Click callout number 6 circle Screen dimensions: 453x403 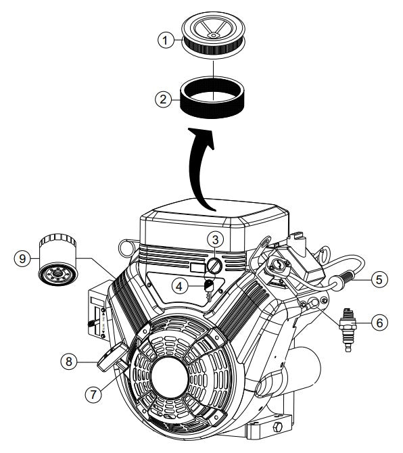(381, 324)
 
